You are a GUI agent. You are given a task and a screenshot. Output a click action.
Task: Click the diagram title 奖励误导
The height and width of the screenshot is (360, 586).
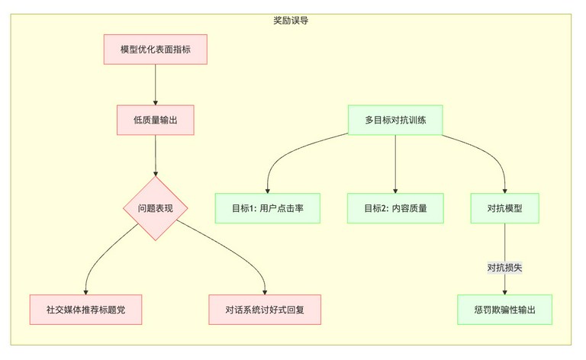pos(291,21)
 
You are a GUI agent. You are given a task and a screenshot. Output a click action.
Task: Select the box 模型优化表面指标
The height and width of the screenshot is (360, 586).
pos(156,50)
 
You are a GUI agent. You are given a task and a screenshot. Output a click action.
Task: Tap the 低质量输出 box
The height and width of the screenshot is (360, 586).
pos(156,120)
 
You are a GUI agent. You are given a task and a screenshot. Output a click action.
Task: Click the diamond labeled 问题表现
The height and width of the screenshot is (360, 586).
pos(156,208)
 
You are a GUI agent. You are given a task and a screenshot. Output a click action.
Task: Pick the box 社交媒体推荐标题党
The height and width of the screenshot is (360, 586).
pos(85,310)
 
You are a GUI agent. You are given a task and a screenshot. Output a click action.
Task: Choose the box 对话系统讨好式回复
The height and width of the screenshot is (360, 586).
pos(265,310)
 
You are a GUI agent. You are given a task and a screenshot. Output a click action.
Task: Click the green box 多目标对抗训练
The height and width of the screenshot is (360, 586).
pos(395,120)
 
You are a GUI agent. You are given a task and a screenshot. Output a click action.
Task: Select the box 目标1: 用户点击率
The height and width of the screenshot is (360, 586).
pos(268,208)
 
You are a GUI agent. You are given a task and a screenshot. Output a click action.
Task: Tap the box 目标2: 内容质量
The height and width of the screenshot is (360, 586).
pos(395,208)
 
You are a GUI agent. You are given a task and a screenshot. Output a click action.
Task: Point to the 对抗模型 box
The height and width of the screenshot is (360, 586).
pos(504,208)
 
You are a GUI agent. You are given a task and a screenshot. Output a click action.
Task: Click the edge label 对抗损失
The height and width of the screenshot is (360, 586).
pos(504,268)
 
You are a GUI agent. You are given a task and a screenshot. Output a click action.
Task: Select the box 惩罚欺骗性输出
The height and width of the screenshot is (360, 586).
pos(504,310)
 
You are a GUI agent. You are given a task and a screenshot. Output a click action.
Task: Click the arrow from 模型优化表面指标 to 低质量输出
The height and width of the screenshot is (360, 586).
pos(156,85)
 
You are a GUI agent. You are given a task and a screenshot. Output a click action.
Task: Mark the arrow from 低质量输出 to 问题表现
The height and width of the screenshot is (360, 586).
pos(156,156)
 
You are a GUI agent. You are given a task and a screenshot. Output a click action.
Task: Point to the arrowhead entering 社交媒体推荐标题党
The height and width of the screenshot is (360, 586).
pos(86,292)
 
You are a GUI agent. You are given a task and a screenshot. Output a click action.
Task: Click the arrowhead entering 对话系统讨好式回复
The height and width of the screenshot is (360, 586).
pos(265,292)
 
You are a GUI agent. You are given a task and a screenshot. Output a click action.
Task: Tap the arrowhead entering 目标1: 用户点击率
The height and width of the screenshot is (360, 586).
pos(268,191)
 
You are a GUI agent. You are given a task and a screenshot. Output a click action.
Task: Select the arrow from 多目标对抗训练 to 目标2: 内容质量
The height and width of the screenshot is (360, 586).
pos(395,164)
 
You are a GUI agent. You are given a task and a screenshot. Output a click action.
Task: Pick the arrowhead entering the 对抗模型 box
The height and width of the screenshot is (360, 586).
pos(504,191)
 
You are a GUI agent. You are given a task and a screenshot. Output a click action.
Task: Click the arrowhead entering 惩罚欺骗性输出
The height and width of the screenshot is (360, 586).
pos(504,292)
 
